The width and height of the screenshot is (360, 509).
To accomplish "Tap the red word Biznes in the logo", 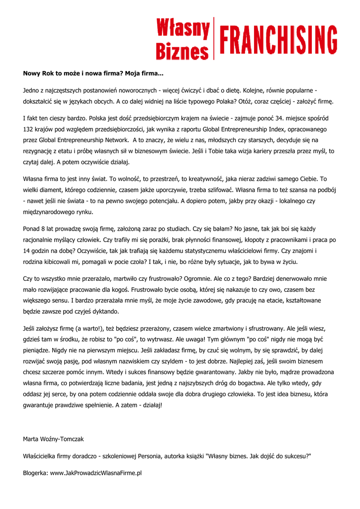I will (182, 50).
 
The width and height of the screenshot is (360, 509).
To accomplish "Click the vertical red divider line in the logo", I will (214, 38).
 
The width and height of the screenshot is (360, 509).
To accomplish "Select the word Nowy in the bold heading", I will (32, 73).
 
